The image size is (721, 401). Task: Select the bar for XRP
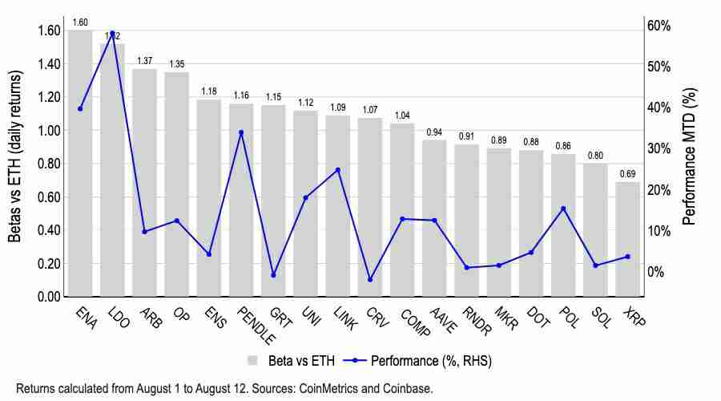pyautogui.click(x=627, y=241)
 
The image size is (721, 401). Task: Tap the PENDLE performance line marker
pyautogui.click(x=241, y=132)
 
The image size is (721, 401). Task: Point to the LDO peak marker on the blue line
pyautogui.click(x=112, y=34)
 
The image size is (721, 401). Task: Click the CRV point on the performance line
pyautogui.click(x=370, y=280)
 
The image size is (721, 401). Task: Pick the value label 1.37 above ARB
pyautogui.click(x=144, y=61)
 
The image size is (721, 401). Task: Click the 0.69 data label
pyautogui.click(x=627, y=174)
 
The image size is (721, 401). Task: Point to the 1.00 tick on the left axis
pyautogui.click(x=50, y=131)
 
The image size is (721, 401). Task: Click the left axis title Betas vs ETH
pyautogui.click(x=15, y=156)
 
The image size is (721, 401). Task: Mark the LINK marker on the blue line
pyautogui.click(x=338, y=170)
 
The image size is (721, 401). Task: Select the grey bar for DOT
pyautogui.click(x=531, y=225)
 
